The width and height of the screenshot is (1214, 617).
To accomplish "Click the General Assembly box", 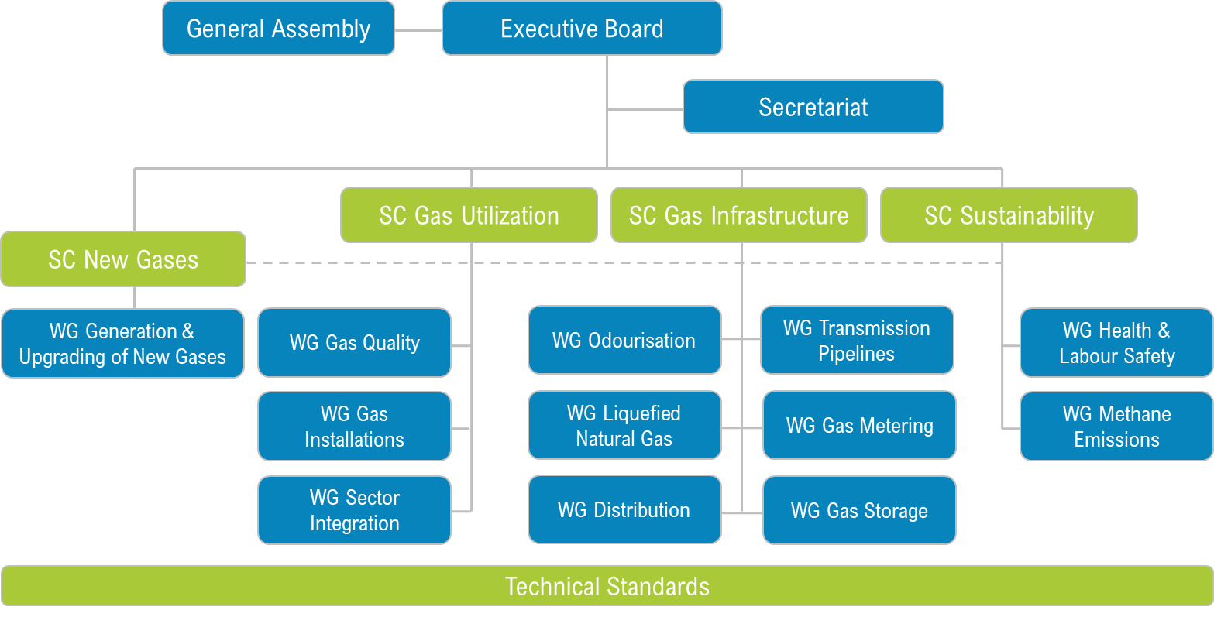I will click(x=278, y=29).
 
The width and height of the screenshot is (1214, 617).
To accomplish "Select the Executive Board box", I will click(x=582, y=29).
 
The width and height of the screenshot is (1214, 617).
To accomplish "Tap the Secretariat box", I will click(x=813, y=107).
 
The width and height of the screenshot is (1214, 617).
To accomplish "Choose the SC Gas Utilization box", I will click(x=469, y=215).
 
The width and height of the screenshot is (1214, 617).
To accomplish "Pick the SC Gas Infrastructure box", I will click(x=738, y=215).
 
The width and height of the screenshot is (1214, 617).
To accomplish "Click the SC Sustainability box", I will click(x=1009, y=215).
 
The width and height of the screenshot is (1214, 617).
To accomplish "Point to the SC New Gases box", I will click(x=123, y=259).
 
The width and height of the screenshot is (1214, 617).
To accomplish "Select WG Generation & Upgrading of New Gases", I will click(x=122, y=344).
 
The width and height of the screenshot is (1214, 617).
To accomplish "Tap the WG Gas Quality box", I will click(x=354, y=343).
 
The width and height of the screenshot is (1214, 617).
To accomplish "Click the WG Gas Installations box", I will click(x=354, y=427).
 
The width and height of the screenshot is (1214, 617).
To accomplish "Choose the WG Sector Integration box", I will click(x=354, y=510).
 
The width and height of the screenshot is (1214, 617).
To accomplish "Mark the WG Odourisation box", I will click(x=624, y=341).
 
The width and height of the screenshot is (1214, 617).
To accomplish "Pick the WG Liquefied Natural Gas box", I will click(x=624, y=426).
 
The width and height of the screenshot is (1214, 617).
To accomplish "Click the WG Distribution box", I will click(x=624, y=510).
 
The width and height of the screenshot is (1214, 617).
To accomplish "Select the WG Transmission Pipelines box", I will click(x=857, y=341).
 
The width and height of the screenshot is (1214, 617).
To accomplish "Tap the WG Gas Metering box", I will click(x=859, y=426).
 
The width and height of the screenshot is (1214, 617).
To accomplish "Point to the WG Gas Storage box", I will click(x=859, y=511).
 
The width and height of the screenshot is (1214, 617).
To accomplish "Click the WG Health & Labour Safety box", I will click(x=1116, y=343).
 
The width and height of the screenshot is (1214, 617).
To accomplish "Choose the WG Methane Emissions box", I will click(x=1116, y=427).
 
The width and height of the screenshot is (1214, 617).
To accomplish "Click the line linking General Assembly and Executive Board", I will click(x=418, y=30).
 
